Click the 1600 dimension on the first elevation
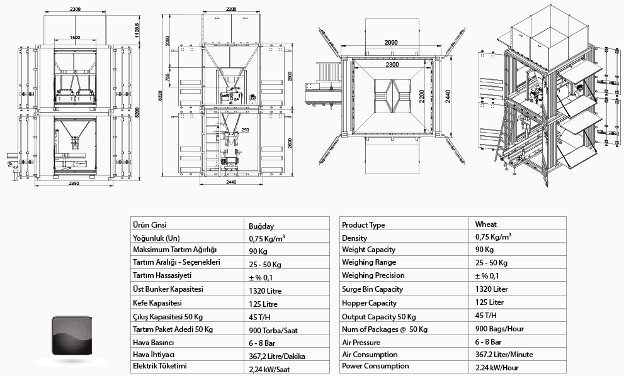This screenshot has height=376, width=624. tap(75, 37)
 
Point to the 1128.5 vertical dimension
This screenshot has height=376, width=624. tap(137, 30)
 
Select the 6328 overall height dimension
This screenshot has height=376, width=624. tap(161, 96)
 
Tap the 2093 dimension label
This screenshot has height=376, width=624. tap(167, 41)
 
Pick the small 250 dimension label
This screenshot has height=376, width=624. tap(245, 130)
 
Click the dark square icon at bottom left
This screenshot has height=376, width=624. tap(72, 336)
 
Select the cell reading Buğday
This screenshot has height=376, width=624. tap(261, 226)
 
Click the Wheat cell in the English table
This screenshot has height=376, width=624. tap(486, 224)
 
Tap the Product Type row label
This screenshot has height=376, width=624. tap(363, 225)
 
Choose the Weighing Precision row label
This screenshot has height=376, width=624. tap(373, 275)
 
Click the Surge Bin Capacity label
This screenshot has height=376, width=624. tap(372, 289)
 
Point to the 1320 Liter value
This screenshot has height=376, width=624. tap(492, 289)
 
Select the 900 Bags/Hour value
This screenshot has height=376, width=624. tap(499, 329)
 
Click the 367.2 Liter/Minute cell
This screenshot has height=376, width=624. tap(504, 355)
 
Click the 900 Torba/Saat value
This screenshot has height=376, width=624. tap(273, 330)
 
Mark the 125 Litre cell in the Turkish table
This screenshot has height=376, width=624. tap(263, 304)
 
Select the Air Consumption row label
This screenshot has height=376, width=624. tap(370, 355)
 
